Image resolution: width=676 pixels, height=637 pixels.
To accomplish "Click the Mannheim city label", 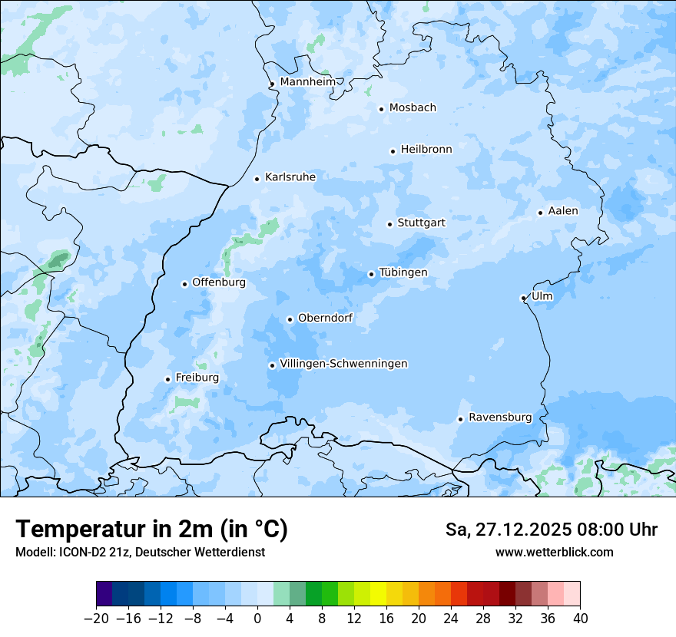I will (x=308, y=82).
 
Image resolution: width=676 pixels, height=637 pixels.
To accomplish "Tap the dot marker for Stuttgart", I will (x=389, y=224).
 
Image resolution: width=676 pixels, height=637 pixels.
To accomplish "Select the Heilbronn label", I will (x=426, y=150).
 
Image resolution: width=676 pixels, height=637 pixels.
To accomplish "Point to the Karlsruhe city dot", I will (x=257, y=179).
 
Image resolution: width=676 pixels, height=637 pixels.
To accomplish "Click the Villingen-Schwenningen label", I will (x=344, y=364).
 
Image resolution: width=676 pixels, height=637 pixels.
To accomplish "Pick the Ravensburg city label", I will (x=500, y=418).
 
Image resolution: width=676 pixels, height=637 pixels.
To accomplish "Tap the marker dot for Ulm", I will (x=523, y=298).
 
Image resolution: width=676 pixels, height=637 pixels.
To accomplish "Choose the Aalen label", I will (x=563, y=211).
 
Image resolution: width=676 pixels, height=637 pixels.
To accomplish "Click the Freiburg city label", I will (x=197, y=378).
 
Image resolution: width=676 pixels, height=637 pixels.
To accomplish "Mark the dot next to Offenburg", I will (x=184, y=284).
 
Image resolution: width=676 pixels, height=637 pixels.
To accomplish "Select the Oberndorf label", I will (x=326, y=318).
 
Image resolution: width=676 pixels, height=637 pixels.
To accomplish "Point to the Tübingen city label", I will (x=403, y=272).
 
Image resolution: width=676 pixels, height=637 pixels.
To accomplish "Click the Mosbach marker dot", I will (x=381, y=109).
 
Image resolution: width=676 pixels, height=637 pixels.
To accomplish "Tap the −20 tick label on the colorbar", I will (x=96, y=619).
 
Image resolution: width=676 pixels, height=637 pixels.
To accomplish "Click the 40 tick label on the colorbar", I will (x=580, y=619).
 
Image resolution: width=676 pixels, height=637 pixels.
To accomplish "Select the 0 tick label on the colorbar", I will (x=257, y=619).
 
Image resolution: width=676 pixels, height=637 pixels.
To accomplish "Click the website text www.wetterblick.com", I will (x=555, y=552).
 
